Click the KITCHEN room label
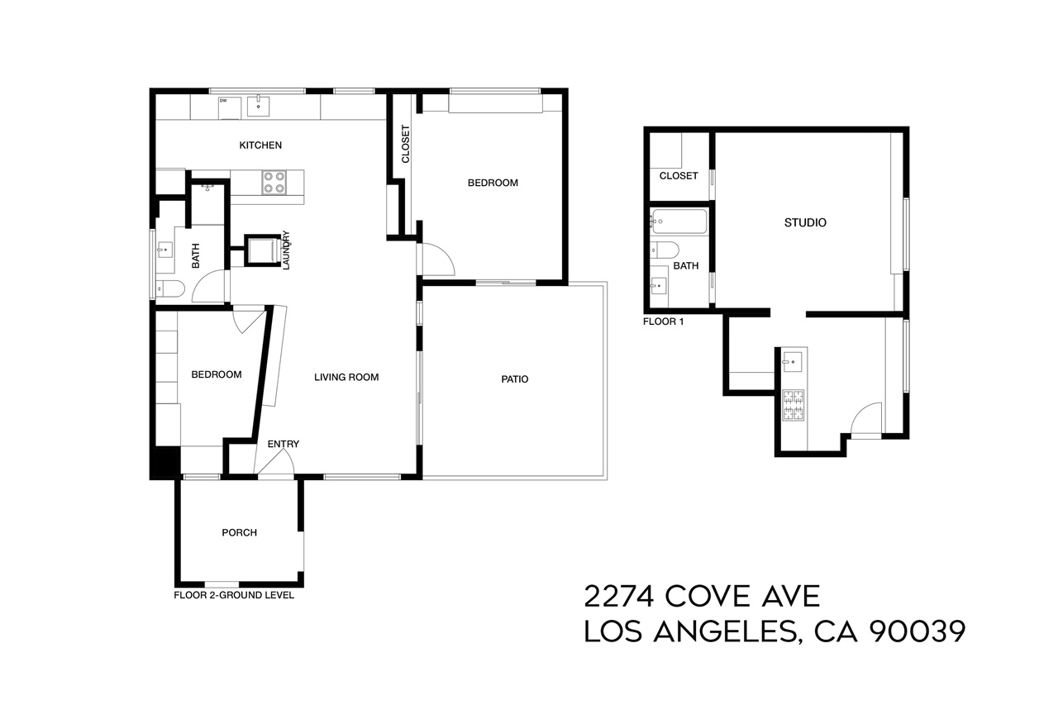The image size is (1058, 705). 260,145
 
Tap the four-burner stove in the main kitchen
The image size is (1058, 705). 274,182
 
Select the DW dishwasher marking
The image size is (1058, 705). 223,101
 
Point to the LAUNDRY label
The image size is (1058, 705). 286,250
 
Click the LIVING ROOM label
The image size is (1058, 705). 346,378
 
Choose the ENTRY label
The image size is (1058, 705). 283,445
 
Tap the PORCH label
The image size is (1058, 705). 239,533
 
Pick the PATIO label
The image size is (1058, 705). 514,379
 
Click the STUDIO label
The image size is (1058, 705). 805,223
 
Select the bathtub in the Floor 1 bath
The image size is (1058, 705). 679,222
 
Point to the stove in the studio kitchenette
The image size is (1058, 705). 793,405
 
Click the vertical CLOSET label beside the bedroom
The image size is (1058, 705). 405,144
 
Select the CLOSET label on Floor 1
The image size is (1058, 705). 679,176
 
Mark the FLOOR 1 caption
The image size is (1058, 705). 663,322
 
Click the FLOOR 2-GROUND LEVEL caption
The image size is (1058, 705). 234,595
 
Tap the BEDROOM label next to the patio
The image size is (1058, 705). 493,183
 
